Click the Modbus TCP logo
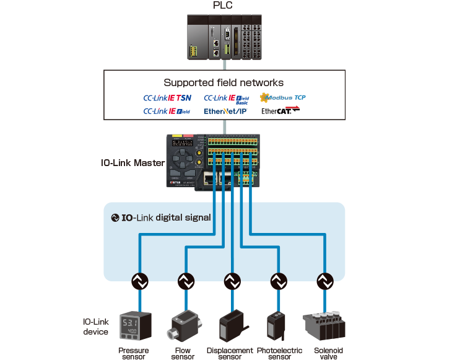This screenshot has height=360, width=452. tap(283, 97)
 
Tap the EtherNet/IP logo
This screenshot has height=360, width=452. tap(225, 112)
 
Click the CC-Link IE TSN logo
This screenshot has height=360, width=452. tap(167, 98)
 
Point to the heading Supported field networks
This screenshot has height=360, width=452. tap(224, 82)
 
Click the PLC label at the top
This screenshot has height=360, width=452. tap(224, 6)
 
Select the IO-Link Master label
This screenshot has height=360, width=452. tap(132, 164)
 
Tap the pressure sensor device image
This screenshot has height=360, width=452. tap(136, 326)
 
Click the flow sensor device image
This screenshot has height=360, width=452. tap(184, 325)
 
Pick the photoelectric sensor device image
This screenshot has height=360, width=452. tap(277, 325)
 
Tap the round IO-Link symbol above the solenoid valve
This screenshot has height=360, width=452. tap(324, 282)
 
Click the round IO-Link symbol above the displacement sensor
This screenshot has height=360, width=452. tap(231, 282)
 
